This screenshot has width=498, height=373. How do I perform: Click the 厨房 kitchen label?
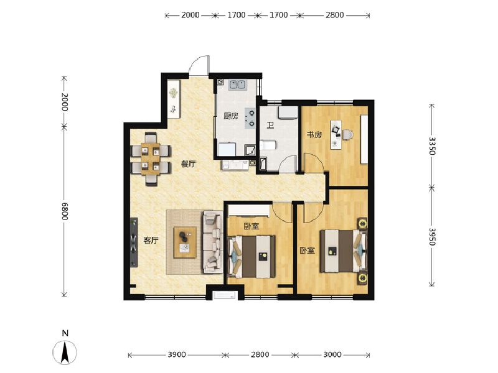click(x=230, y=116)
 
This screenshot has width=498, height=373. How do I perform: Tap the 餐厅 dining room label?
click(x=189, y=164)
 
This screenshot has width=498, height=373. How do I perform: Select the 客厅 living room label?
click(x=151, y=240)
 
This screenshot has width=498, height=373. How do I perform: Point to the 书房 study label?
click(x=314, y=135)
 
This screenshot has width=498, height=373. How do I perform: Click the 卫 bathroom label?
click(x=270, y=126)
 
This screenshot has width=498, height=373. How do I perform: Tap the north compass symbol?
click(x=65, y=352)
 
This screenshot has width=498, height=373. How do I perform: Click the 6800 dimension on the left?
click(x=65, y=211)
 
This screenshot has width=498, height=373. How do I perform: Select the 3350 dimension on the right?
click(x=431, y=146)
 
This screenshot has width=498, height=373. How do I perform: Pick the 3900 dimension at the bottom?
click(x=177, y=354)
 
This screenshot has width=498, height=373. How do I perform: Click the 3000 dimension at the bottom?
click(x=332, y=354)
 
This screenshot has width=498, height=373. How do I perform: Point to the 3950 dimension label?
click(x=431, y=237)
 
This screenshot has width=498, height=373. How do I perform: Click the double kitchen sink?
click(x=237, y=85)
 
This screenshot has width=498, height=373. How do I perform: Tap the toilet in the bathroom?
click(x=268, y=145)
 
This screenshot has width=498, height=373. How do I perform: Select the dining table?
click(x=151, y=159)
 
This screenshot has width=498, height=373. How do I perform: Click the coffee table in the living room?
click(x=185, y=242)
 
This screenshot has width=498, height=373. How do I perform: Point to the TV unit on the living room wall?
click(x=134, y=242)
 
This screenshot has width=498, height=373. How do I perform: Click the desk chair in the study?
click(x=348, y=134)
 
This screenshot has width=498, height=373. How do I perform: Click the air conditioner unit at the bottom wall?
click(x=225, y=295)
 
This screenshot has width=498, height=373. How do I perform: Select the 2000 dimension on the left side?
click(x=65, y=101)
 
